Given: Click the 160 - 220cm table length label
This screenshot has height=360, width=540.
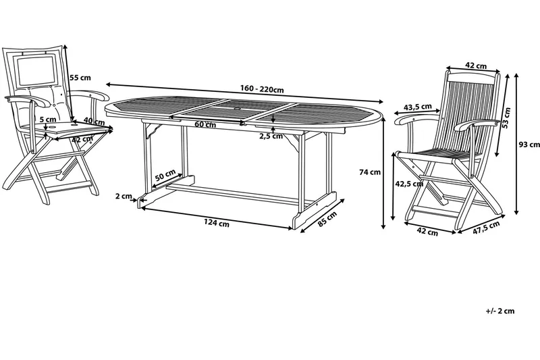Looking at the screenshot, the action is pos(262,89).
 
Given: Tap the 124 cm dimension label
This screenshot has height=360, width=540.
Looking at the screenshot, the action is pos(216,224).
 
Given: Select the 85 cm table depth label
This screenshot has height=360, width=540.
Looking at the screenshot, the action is pos(327,219).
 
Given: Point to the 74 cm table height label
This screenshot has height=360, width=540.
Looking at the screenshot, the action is pos(370,172).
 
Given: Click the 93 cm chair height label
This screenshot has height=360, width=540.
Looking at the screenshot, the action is pos(529,145).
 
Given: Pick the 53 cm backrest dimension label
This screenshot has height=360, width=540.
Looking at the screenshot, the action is pos(506,118).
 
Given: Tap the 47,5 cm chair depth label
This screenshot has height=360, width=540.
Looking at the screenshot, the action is pos(486,228).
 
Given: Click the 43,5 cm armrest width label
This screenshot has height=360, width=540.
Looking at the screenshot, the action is pos(417,107).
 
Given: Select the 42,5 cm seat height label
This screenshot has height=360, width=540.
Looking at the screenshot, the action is pos(409,184).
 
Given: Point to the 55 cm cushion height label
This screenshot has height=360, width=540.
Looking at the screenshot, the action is pos(80,78).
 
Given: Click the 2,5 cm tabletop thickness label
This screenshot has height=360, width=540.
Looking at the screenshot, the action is pos(271,136).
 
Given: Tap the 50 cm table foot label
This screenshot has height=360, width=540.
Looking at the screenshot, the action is pos(165,175).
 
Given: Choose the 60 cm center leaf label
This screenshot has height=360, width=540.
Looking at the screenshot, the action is pos(205,124).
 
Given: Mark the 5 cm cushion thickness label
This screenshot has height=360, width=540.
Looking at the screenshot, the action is pos(48,120).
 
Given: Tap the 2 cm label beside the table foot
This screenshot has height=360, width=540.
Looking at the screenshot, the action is pos(124,196).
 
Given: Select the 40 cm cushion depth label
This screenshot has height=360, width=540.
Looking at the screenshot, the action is pos(94,122).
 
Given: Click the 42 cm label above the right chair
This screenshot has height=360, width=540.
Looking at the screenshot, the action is pos(476,65).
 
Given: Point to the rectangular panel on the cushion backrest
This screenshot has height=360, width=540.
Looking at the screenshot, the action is pos(36,72).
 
